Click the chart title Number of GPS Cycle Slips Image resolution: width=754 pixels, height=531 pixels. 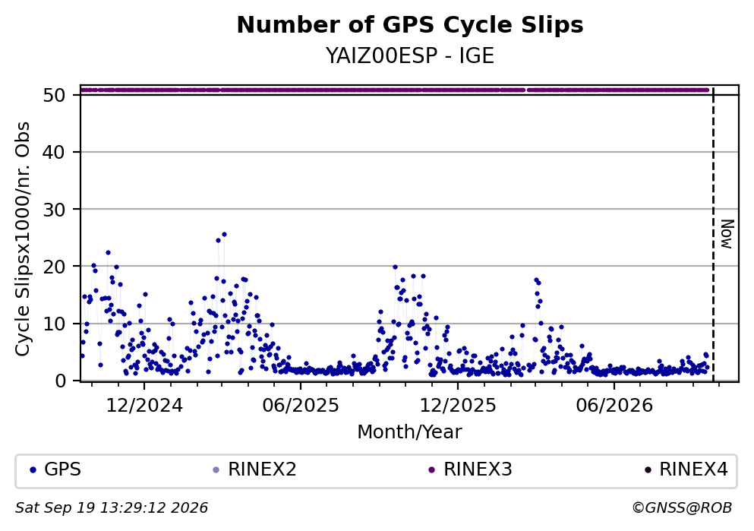(410, 25)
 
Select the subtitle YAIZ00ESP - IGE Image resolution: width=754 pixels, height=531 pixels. (410, 56)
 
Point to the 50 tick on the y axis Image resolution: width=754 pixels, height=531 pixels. (54, 95)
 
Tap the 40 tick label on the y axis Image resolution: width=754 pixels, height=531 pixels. (54, 153)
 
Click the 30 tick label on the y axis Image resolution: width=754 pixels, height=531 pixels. (54, 210)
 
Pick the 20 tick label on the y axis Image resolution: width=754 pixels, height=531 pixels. (54, 267)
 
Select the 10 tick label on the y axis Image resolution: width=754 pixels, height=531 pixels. (54, 324)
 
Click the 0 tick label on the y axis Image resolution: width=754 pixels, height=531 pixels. (60, 381)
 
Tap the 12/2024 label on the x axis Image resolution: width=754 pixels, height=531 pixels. (144, 406)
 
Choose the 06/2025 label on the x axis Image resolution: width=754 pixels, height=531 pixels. (301, 406)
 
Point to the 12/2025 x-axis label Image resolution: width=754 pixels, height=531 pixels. (458, 406)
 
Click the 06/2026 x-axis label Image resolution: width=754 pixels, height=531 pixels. (614, 406)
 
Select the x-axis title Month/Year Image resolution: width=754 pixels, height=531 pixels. (410, 432)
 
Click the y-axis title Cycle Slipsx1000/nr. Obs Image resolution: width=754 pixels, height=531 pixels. (23, 239)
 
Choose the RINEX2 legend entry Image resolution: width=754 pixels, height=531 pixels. (254, 469)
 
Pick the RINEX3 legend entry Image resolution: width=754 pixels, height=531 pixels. (470, 469)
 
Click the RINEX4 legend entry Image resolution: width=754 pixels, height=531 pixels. (686, 469)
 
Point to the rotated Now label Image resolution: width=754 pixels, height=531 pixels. (727, 234)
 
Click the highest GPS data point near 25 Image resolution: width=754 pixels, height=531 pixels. (224, 235)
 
